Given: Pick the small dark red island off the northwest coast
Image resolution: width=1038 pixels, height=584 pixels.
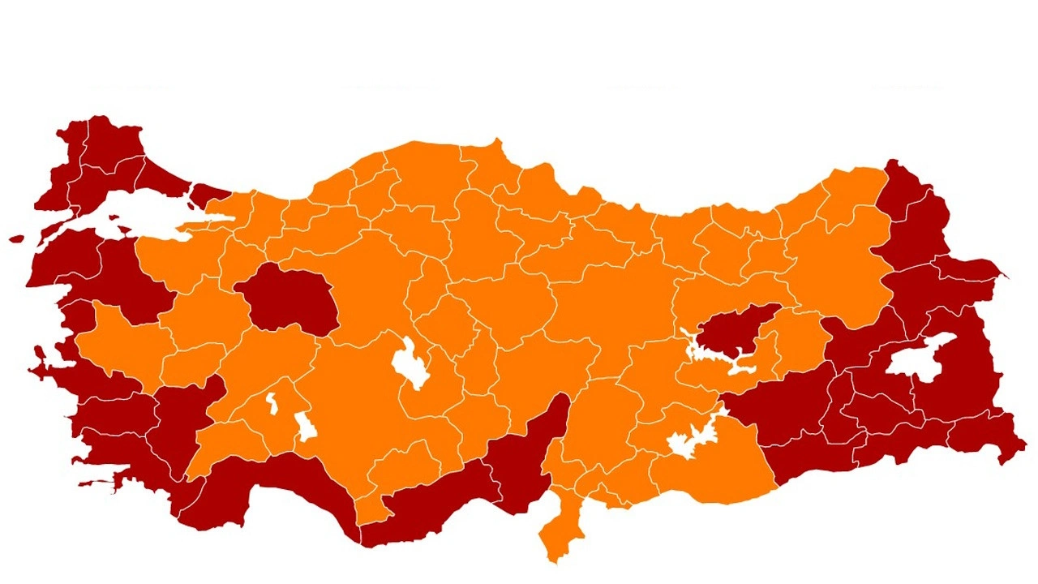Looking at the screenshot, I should pos(17,239).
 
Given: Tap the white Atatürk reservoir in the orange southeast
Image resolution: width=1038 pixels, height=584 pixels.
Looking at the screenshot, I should pos(689,442).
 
